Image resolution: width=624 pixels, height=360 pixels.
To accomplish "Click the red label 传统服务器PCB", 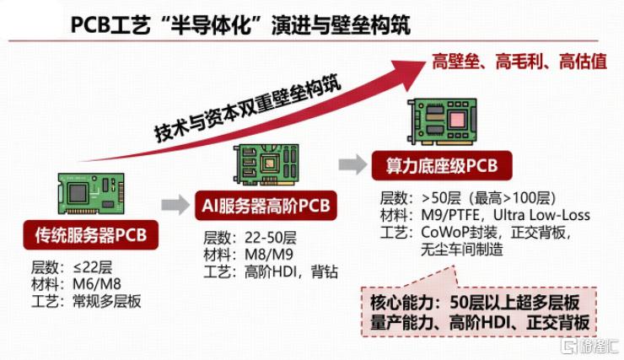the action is [x=91, y=235].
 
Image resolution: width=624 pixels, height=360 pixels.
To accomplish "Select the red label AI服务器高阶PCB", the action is [x=266, y=206].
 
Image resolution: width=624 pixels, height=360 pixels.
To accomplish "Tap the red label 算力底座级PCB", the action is [x=442, y=165].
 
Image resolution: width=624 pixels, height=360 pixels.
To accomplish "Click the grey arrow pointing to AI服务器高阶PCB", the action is [x=175, y=205].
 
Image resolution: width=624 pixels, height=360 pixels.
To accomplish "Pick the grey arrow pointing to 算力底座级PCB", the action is [x=353, y=164].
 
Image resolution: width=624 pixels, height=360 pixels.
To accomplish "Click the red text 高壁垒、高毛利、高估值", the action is [x=519, y=62].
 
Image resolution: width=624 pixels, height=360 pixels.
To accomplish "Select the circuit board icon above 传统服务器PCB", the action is [x=91, y=194].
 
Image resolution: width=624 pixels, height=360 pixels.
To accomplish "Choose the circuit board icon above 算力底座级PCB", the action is [x=442, y=121].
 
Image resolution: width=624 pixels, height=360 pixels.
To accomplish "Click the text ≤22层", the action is [x=93, y=267].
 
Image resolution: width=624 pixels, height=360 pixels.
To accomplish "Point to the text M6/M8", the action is [x=97, y=284].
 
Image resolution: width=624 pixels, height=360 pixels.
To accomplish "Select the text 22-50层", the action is [x=270, y=238].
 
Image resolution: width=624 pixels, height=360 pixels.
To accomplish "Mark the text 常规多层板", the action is [x=106, y=301].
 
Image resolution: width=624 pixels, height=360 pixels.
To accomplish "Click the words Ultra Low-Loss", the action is [x=541, y=215].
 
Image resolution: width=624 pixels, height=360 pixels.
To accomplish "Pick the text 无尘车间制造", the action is [x=462, y=250].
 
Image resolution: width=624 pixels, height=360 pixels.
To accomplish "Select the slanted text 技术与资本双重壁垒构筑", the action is [x=248, y=108].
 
